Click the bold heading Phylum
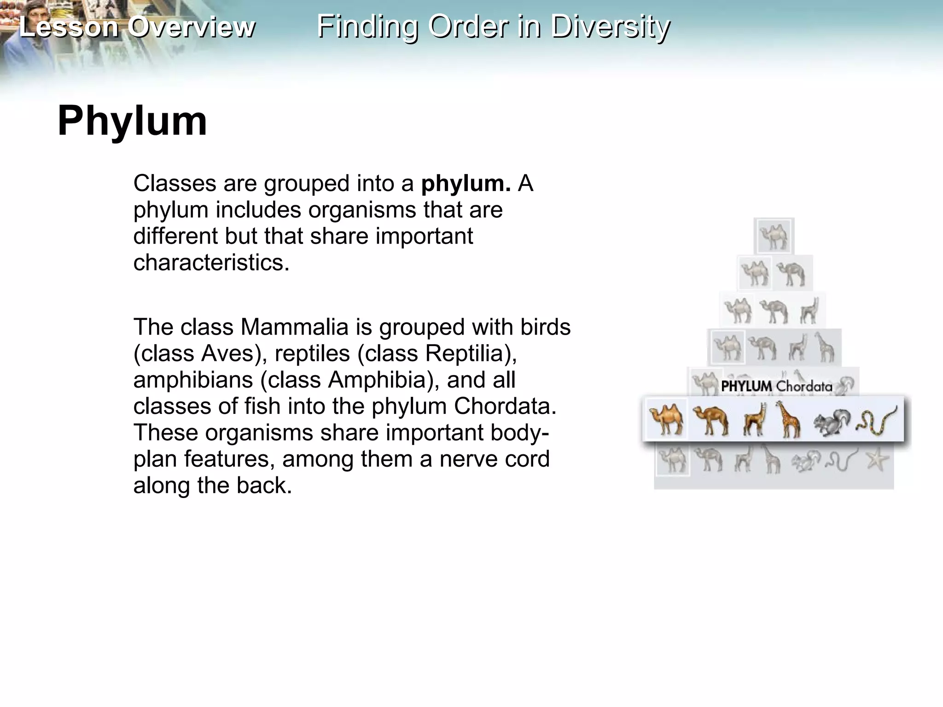(132, 121)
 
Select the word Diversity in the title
(611, 27)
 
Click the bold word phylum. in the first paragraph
(466, 183)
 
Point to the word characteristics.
(211, 262)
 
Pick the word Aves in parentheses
(227, 353)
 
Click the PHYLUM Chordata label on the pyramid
(776, 386)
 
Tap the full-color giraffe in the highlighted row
(788, 419)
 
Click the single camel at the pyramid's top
(774, 236)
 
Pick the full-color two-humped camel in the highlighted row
(666, 419)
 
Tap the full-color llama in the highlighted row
(754, 419)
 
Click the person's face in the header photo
(18, 14)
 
